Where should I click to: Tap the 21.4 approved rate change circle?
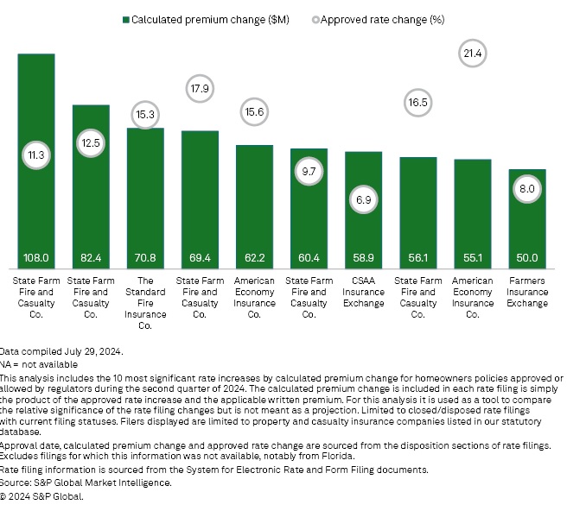click(x=473, y=54)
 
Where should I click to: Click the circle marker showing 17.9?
click(x=200, y=88)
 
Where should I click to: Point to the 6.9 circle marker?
click(x=364, y=199)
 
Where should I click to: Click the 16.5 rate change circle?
click(x=418, y=103)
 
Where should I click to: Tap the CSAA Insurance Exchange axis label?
click(x=364, y=292)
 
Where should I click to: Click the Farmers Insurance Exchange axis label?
click(x=527, y=292)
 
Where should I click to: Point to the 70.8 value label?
click(x=145, y=257)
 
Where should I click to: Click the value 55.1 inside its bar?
click(x=473, y=257)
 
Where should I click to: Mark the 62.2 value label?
click(x=254, y=257)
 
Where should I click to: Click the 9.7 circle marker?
click(x=309, y=173)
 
